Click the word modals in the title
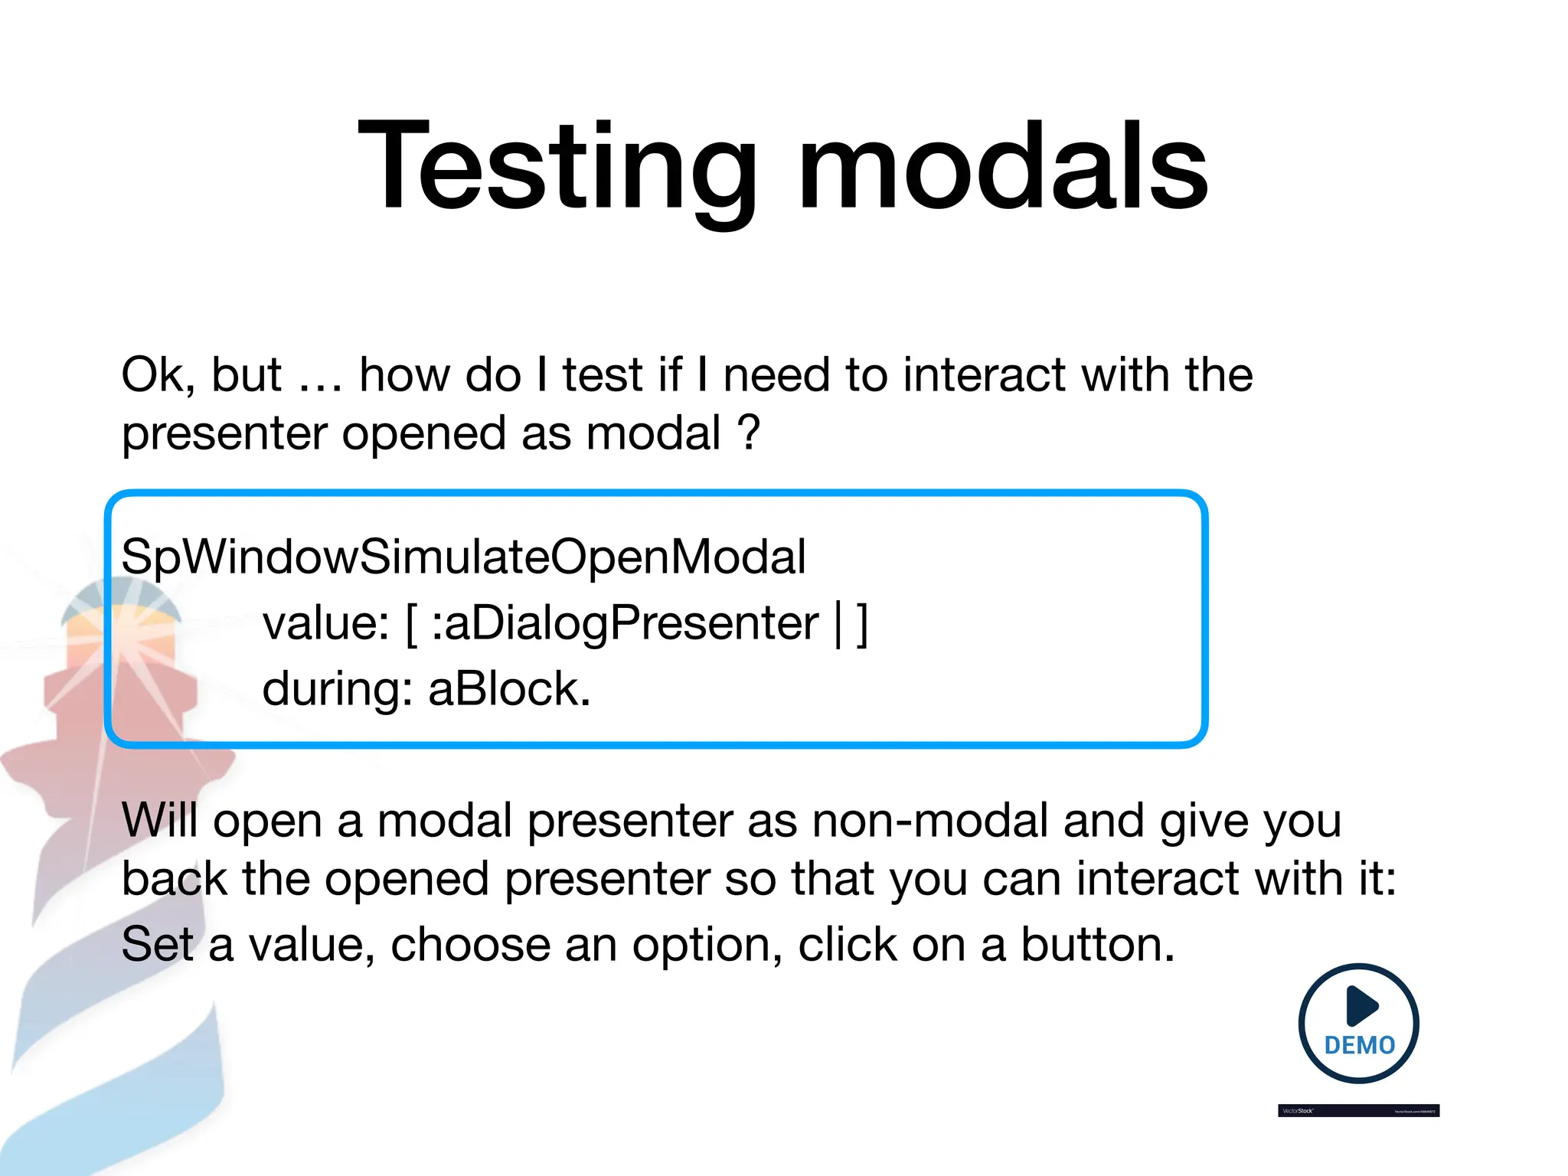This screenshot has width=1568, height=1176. [x=1003, y=166]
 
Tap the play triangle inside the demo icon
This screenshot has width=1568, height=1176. [x=1361, y=1005]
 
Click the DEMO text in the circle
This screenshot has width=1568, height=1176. [x=1360, y=1046]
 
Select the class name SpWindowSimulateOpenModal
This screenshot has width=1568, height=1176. [x=463, y=557]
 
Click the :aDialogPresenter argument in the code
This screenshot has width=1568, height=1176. [x=625, y=622]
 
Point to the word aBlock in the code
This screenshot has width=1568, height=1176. [x=509, y=688]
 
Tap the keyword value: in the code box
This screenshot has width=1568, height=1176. [x=326, y=622]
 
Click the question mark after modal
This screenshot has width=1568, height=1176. [x=749, y=433]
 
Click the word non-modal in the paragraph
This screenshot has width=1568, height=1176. [x=929, y=820]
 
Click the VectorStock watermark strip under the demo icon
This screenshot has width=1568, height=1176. [x=1358, y=1110]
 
